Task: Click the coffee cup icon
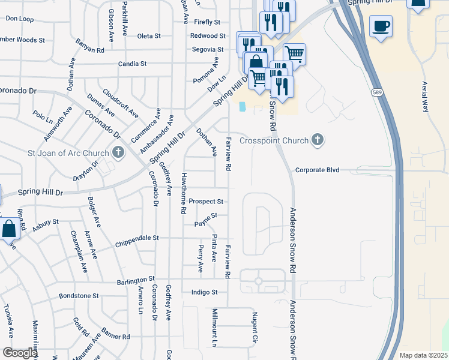click(x=381, y=26)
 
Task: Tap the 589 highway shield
click(x=376, y=92)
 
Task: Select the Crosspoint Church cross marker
click(x=318, y=140)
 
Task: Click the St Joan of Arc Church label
click(x=68, y=153)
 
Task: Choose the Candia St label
click(x=132, y=64)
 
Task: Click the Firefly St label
click(x=208, y=22)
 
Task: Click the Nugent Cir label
click(x=255, y=326)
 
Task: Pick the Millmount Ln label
click(x=214, y=328)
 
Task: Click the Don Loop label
click(x=19, y=19)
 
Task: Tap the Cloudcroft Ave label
click(x=120, y=103)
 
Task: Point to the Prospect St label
click(x=206, y=202)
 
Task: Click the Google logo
click(x=19, y=353)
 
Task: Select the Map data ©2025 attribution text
click(x=423, y=355)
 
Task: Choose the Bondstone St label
click(x=79, y=296)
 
